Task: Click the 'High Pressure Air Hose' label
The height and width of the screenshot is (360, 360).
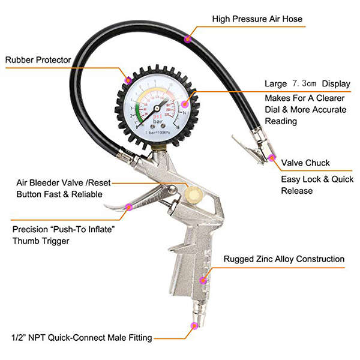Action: tap(257, 19)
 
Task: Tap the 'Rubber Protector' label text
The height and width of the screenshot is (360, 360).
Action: tap(38, 60)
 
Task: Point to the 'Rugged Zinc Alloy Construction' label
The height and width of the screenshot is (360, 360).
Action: tap(284, 259)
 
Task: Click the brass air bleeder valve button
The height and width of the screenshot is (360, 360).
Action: tap(193, 193)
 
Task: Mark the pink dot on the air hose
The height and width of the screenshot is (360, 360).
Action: tap(187, 40)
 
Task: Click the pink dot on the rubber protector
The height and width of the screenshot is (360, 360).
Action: tap(127, 79)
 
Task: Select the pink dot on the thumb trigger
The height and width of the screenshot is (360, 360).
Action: tap(128, 207)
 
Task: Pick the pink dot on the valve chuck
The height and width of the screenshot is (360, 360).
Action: tap(271, 158)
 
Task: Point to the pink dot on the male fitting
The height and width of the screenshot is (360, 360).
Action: tap(193, 326)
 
